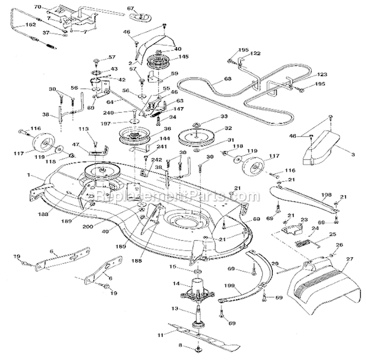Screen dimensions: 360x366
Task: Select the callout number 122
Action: pyautogui.click(x=256, y=53)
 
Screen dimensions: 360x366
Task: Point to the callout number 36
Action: pyautogui.click(x=168, y=128)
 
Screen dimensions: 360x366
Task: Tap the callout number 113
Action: pyautogui.click(x=83, y=130)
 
